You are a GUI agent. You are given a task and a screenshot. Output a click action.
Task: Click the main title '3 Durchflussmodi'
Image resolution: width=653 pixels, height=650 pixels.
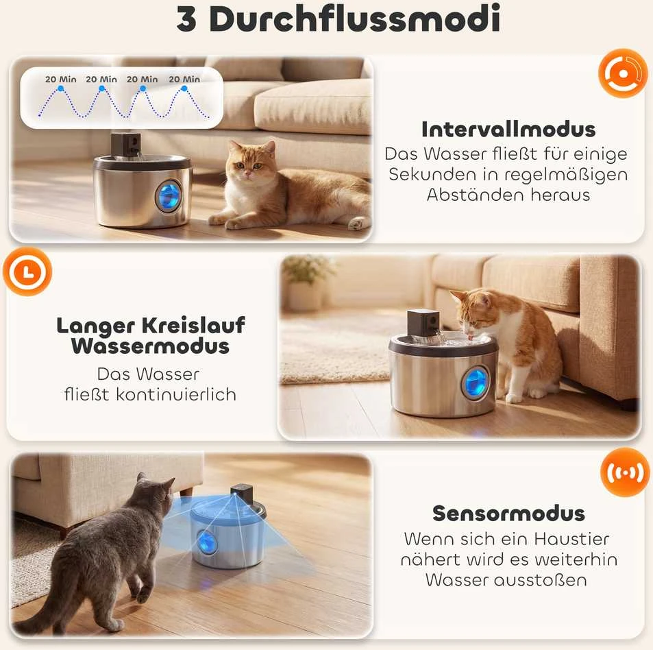point(338,19)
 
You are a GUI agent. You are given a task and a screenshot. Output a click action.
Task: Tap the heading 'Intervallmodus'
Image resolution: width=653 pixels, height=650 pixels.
point(508,129)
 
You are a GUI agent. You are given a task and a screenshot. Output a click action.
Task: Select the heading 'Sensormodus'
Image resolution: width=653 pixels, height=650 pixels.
point(508,514)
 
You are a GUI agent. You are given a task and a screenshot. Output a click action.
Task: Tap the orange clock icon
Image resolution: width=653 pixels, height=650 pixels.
point(27,272)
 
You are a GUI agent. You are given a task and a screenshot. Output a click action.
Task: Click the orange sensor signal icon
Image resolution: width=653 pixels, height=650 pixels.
point(625,472)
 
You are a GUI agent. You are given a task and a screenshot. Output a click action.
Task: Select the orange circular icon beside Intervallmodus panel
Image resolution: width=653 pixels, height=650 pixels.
point(624,74)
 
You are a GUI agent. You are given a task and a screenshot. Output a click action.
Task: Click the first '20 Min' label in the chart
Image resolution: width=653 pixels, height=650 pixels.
point(61,79)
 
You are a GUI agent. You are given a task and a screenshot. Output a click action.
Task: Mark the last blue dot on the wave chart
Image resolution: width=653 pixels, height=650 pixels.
point(184,88)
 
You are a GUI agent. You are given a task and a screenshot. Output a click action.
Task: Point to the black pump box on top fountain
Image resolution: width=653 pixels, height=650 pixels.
point(125,145)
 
